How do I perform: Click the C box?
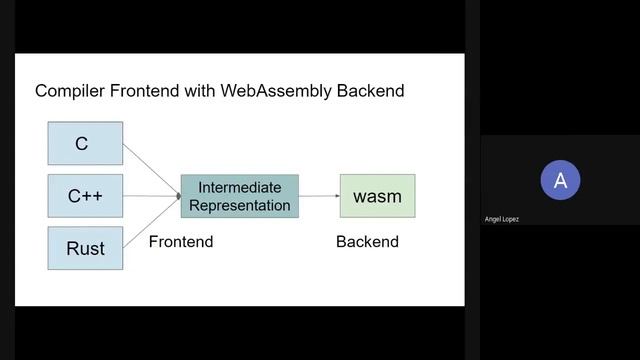(x=85, y=143)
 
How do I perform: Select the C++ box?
(x=85, y=196)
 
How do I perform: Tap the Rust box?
(x=85, y=248)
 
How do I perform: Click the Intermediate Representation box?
(x=240, y=196)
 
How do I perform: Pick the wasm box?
(x=377, y=196)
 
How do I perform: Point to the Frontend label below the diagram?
(x=181, y=241)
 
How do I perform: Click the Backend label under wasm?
(x=367, y=241)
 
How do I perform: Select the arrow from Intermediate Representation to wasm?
(x=319, y=196)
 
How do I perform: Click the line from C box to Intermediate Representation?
(x=150, y=168)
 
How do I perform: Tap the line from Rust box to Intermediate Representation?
(x=150, y=223)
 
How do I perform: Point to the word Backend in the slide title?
(x=369, y=91)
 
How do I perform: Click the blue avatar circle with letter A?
(x=560, y=180)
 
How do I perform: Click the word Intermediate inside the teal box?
(x=240, y=187)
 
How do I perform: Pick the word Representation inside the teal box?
(x=240, y=205)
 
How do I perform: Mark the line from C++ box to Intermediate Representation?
(x=150, y=196)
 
